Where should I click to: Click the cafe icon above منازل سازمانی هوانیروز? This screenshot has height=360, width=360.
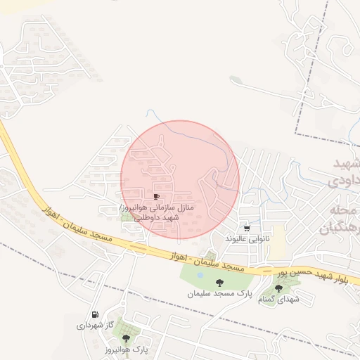pos(156,195)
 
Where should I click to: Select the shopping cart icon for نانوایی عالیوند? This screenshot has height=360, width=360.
pos(247,229)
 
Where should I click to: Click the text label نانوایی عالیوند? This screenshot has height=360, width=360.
pos(247,239)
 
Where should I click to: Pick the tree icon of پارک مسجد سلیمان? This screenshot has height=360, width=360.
pos(219,282)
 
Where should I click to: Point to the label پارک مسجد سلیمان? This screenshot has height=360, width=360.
pos(219,293)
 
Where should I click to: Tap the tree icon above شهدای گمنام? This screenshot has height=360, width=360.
pos(279,288)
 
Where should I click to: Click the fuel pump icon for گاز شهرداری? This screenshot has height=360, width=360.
pos(94,315)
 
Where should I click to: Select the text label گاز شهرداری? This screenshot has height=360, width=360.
pos(94,326)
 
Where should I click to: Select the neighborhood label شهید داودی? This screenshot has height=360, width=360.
pos(345,172)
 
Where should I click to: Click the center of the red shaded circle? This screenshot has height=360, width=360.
pos(180,179)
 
